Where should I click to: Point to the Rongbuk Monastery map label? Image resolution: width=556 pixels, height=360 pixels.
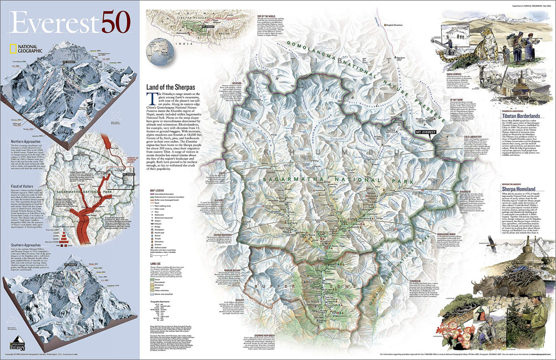pos(397,24)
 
